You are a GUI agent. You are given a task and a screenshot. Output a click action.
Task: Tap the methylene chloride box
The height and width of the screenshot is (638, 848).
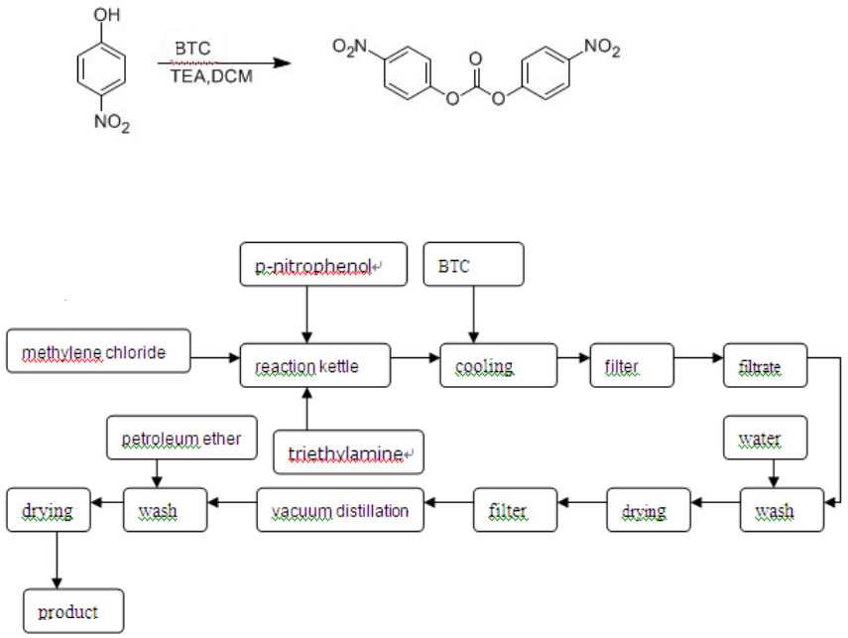pyautogui.click(x=97, y=351)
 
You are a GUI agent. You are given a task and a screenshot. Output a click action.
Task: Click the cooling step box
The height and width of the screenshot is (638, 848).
pyautogui.click(x=498, y=366)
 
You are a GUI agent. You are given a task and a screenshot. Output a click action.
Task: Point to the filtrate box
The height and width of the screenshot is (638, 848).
pyautogui.click(x=766, y=366)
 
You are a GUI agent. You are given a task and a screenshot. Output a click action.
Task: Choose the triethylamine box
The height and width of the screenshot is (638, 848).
pyautogui.click(x=348, y=453)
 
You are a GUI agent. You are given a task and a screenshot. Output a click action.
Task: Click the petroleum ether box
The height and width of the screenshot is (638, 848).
pyautogui.click(x=182, y=439)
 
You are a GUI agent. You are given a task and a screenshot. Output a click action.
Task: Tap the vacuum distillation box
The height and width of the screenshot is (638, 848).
pyautogui.click(x=340, y=510)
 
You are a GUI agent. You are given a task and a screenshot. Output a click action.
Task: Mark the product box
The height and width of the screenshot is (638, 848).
pyautogui.click(x=75, y=611)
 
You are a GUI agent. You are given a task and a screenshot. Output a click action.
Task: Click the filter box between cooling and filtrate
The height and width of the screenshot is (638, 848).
pyautogui.click(x=631, y=366)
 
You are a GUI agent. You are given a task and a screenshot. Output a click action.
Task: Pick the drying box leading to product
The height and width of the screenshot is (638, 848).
pyautogui.click(x=48, y=510)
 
